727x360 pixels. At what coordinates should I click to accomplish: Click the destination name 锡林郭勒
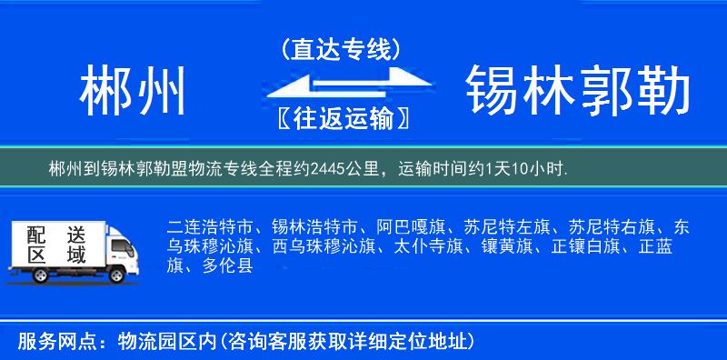coord(577,92)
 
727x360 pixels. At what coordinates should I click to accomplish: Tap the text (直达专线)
coord(340,50)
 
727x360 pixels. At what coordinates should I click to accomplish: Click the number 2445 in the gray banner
coord(328,169)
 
